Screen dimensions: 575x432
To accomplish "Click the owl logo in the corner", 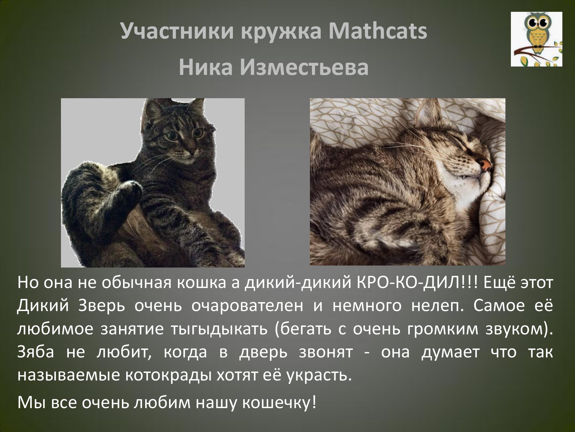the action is tap(536, 39).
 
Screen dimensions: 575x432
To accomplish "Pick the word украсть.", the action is tap(319, 376).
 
